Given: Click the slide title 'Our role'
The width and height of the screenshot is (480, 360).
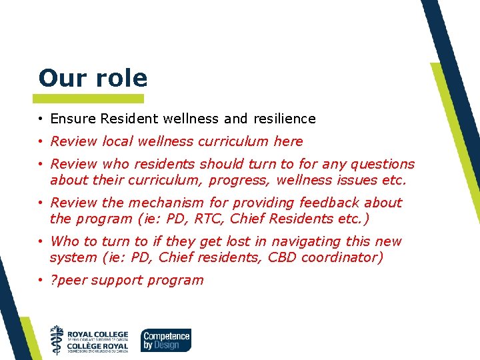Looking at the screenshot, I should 93,78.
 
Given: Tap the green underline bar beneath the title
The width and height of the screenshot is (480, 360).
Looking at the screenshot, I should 91,98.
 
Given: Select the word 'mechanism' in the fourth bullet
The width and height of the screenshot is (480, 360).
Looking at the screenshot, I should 145,203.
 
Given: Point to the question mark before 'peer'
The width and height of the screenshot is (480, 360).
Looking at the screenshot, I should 53,280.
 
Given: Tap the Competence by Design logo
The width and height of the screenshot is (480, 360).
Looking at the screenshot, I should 165,339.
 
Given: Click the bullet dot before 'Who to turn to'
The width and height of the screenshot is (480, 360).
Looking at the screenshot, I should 41,241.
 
